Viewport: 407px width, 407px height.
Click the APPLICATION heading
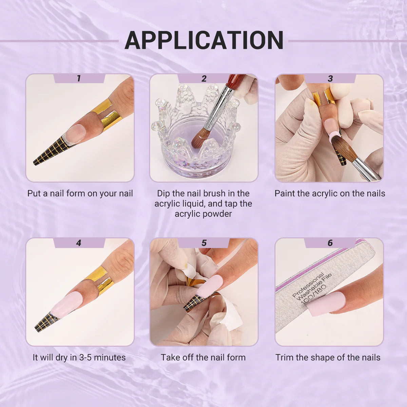coord(203,41)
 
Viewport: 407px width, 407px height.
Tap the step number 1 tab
coord(79,78)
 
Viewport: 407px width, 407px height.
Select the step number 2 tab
coord(203,78)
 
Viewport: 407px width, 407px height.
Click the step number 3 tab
coord(330,78)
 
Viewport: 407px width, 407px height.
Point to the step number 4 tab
coord(79,243)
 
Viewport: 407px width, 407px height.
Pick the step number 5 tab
coord(203,243)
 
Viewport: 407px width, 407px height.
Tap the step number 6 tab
coord(330,243)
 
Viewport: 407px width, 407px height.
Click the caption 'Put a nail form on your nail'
coord(80,193)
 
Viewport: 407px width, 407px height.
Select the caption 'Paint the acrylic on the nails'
coord(330,193)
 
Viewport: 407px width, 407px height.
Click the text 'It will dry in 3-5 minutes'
coord(79,357)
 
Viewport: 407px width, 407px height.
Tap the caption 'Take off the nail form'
coord(203,357)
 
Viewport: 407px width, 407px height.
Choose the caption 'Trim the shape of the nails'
coord(328,357)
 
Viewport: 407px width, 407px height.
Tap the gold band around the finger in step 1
coord(107,115)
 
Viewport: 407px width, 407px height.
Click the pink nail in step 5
coord(209,286)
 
